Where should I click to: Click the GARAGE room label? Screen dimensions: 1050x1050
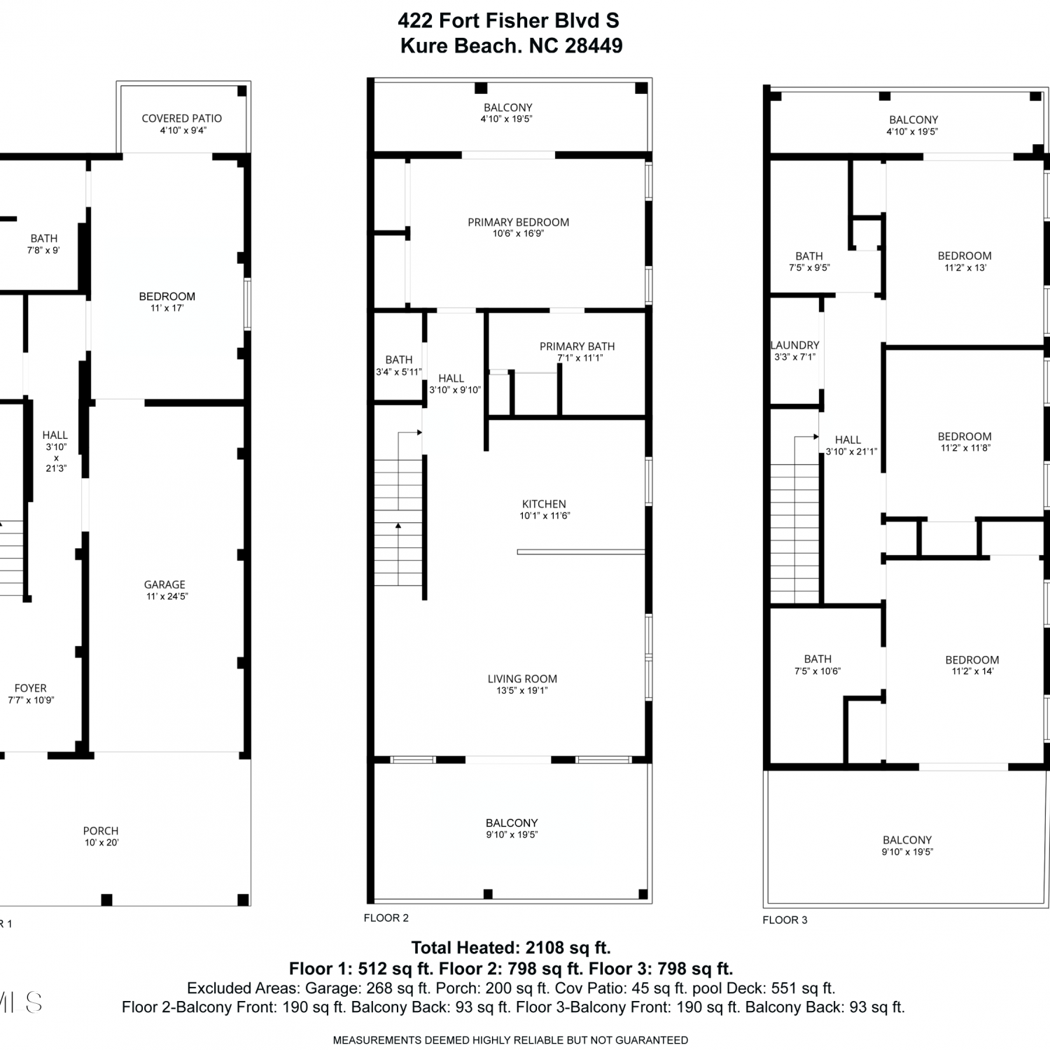click(164, 584)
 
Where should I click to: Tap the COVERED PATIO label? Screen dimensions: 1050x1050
click(182, 118)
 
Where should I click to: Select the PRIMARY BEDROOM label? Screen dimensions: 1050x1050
click(519, 222)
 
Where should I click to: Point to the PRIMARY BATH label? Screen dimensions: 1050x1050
click(577, 346)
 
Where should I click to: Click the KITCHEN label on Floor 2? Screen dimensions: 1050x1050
click(544, 504)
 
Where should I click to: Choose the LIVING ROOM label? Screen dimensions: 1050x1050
click(522, 679)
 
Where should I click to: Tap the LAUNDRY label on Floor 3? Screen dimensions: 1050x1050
click(794, 345)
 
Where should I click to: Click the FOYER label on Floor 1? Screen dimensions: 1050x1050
click(31, 688)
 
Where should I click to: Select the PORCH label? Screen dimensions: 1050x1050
click(101, 831)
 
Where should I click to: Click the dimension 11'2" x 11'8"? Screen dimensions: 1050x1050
click(965, 448)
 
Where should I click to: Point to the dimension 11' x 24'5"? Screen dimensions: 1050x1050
click(167, 596)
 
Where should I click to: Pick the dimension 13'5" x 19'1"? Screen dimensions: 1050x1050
click(522, 691)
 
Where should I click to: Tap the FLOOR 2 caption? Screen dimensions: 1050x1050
click(386, 918)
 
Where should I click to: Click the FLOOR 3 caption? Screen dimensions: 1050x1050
click(785, 920)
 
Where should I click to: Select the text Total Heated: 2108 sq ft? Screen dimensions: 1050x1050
click(511, 948)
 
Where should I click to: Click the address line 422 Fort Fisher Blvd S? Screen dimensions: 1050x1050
click(508, 21)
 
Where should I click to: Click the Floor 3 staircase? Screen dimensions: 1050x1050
click(794, 519)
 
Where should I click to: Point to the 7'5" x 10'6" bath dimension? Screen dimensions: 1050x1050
click(818, 671)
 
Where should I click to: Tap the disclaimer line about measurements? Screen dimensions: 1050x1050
click(510, 1040)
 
